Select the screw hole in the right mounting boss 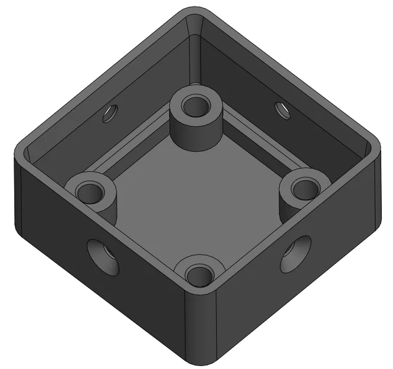coord(304,189)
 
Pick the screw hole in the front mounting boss coord(199,274)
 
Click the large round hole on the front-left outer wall coord(103,258)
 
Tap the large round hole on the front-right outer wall coord(295,254)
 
